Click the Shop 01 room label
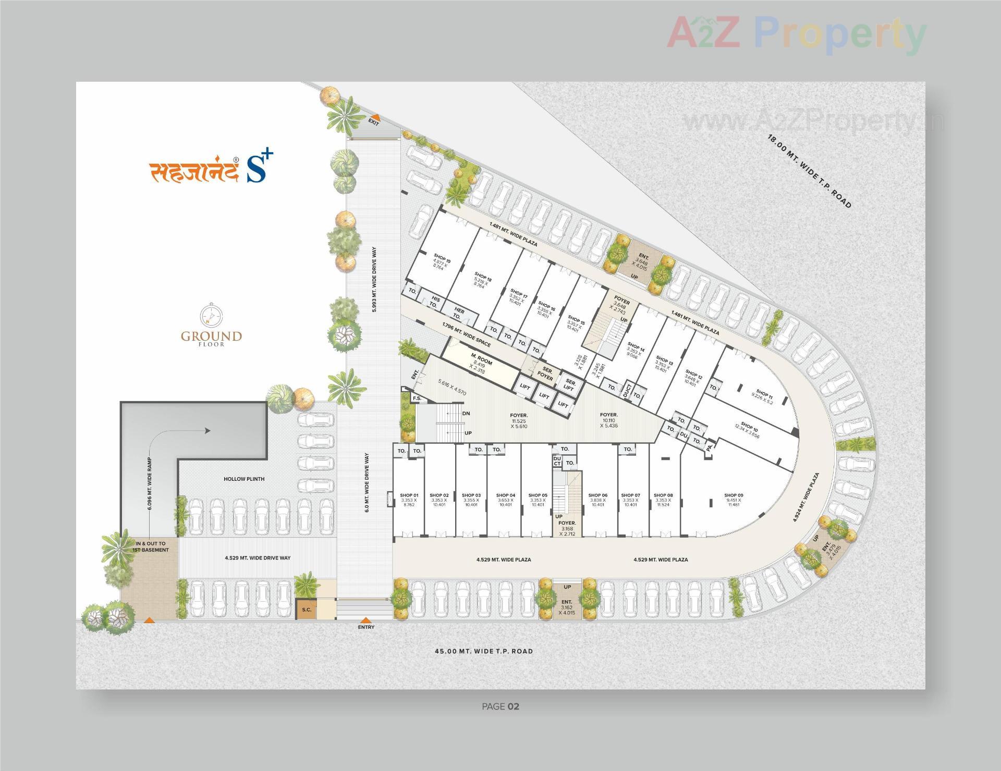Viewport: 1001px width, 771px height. click(409, 495)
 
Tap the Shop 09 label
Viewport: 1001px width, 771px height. click(733, 495)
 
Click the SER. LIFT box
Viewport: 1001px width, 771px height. click(569, 385)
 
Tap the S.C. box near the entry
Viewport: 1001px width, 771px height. click(307, 610)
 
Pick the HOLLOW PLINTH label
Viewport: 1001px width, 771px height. click(244, 479)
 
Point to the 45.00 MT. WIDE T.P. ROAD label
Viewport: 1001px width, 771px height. click(484, 651)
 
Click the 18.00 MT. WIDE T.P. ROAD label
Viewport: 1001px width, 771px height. click(809, 171)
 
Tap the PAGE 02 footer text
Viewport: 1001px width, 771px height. click(500, 706)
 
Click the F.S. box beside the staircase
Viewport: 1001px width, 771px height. click(417, 399)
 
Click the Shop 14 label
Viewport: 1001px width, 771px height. click(636, 349)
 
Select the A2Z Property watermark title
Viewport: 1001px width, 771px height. click(796, 34)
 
